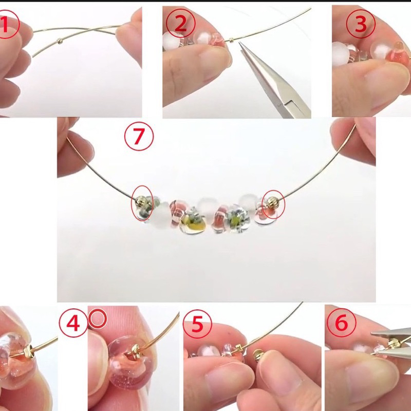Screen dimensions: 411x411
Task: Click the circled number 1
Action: pos(7,24)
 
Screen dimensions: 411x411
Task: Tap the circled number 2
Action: pos(181,23)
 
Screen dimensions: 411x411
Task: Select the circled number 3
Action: pos(361,24)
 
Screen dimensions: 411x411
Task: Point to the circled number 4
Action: pos(73,323)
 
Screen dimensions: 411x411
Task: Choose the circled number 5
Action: pos(197,324)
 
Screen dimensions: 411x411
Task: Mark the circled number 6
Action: pos(342,323)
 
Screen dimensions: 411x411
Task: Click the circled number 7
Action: pos(139,136)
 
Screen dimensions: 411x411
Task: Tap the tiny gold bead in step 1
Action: pos(60,41)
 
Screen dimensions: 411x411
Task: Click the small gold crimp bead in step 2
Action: pos(231,40)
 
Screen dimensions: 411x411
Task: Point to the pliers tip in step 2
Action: pos(239,43)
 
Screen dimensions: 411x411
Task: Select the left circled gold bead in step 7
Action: pos(140,202)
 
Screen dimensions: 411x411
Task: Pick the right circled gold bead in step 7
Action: pos(272,203)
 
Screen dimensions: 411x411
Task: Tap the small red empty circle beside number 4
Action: pos(98,318)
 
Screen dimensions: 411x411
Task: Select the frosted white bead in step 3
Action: pos(341,54)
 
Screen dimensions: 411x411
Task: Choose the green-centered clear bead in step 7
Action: pos(237,219)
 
